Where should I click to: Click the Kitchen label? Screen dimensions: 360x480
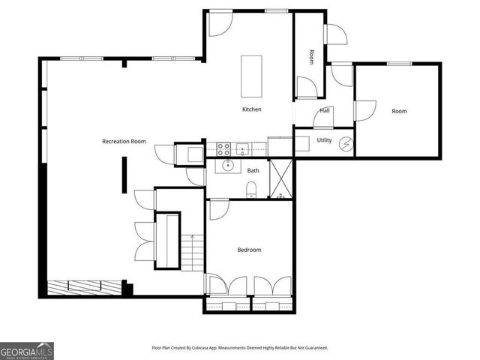coord(251,109)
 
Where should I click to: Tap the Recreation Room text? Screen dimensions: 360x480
coord(124,141)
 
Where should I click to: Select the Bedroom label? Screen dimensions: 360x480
coord(249,250)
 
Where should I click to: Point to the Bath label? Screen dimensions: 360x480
coord(253,170)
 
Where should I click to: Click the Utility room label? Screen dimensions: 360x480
coord(324,140)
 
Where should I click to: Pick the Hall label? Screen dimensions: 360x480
coord(325,111)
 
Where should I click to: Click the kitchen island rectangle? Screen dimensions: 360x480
coord(251,76)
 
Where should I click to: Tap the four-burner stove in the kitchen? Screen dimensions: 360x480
coord(223,147)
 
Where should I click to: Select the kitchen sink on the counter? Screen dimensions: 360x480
coord(242,147)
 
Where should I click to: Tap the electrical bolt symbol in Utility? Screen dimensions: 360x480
coord(346,143)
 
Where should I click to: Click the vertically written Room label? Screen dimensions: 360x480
coord(312,56)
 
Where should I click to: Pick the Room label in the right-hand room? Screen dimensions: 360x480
coord(399,112)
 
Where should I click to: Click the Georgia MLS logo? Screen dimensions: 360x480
coord(27,350)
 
